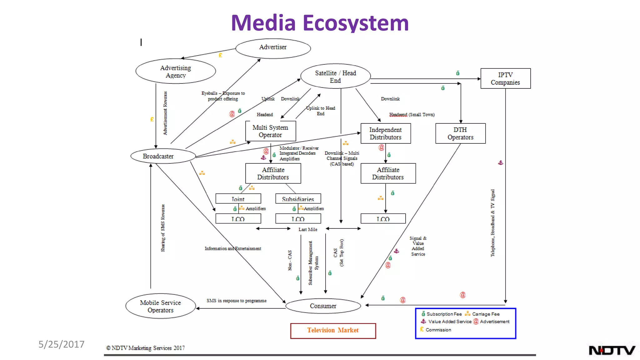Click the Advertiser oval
[273, 48]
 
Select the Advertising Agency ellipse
[175, 71]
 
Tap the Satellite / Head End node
[335, 76]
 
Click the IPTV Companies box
[505, 78]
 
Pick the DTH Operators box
[460, 133]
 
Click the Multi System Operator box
[270, 131]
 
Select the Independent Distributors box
[385, 133]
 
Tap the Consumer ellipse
[323, 306]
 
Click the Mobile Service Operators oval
[160, 306]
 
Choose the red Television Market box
[333, 331]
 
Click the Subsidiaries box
[298, 199]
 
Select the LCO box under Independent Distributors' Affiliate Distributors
[383, 219]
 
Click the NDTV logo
[612, 350]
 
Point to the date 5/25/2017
[61, 344]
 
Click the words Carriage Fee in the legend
[486, 314]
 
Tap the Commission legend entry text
[438, 330]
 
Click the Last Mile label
[308, 229]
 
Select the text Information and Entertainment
[233, 248]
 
